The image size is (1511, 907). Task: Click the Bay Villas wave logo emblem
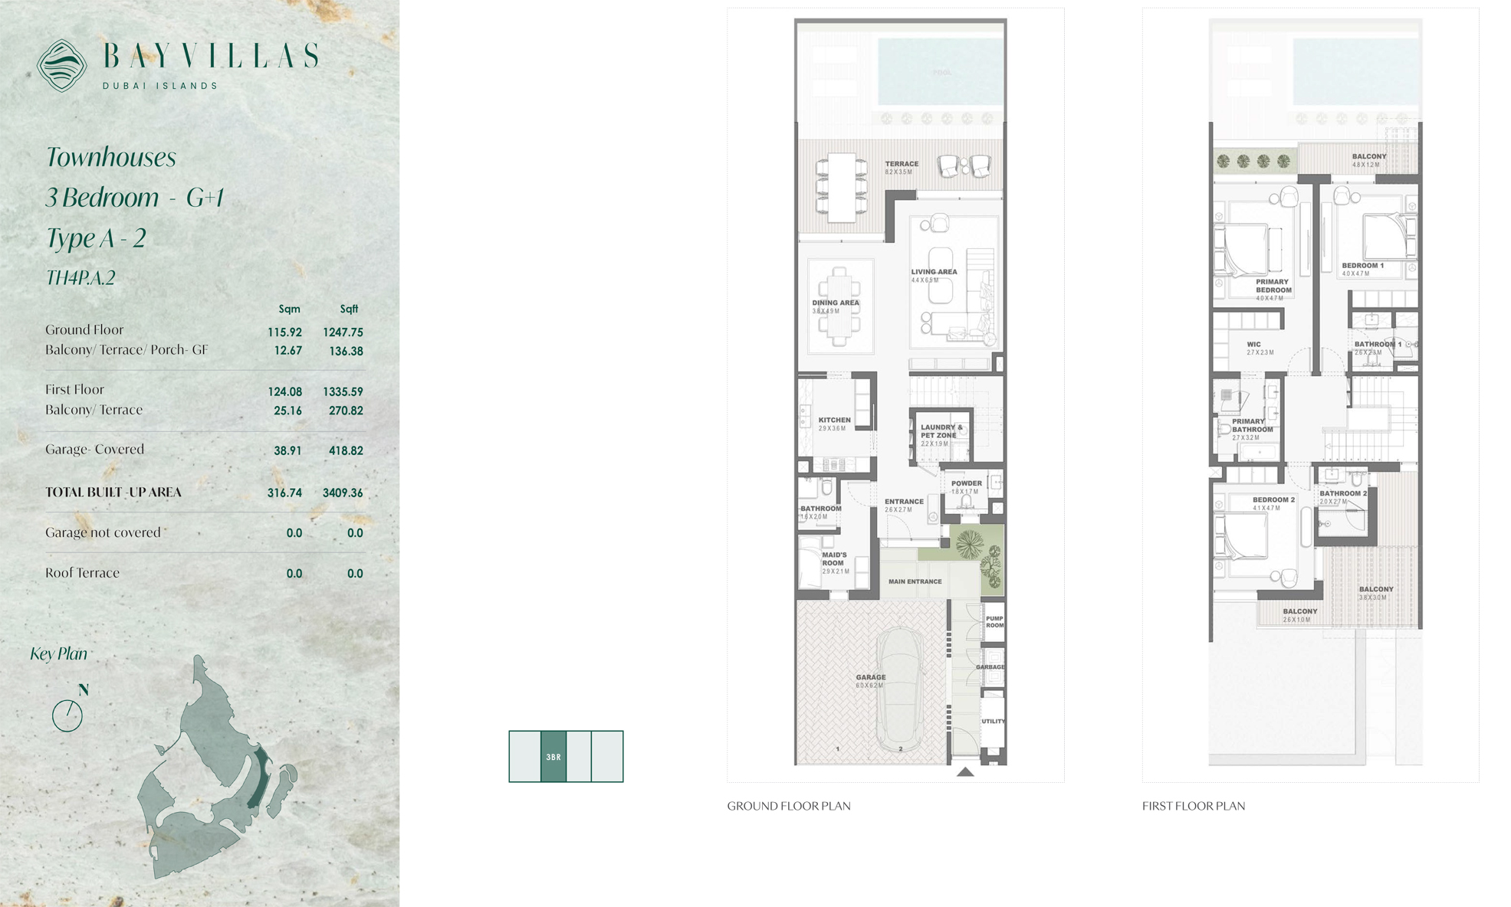(x=61, y=65)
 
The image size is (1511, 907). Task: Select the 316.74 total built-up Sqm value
(x=284, y=493)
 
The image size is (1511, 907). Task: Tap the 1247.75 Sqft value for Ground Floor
(x=343, y=332)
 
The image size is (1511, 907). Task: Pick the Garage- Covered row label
(x=94, y=450)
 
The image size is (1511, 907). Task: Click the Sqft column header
(x=349, y=309)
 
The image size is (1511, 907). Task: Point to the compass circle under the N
(x=67, y=716)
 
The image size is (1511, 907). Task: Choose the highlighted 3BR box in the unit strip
(x=553, y=757)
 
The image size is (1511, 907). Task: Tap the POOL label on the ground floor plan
(x=941, y=73)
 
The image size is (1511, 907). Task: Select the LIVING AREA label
(x=934, y=272)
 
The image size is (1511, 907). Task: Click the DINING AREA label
(x=836, y=303)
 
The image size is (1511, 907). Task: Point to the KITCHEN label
(x=834, y=420)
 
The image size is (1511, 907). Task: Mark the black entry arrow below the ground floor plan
(x=965, y=772)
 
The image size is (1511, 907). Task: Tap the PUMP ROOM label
(x=994, y=622)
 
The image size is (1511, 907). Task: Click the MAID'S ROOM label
(x=834, y=558)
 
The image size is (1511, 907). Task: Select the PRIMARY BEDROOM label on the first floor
(x=1273, y=286)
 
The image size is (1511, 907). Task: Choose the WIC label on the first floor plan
(x=1253, y=345)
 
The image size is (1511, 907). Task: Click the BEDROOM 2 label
(x=1273, y=499)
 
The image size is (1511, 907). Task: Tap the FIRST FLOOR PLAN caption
(x=1193, y=806)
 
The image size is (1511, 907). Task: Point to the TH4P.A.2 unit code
(x=80, y=278)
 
